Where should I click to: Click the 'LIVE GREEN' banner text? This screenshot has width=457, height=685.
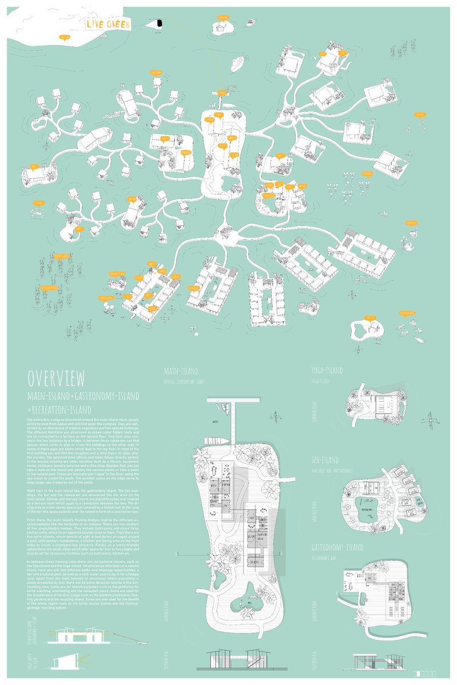click(x=108, y=24)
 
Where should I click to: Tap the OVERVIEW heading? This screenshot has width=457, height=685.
click(x=57, y=379)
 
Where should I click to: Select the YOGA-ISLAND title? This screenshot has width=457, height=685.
click(x=327, y=370)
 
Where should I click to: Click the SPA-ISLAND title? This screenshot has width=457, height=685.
click(x=326, y=460)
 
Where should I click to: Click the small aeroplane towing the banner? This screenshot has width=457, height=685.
click(x=159, y=23)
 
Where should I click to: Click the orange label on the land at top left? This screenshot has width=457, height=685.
click(x=65, y=38)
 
